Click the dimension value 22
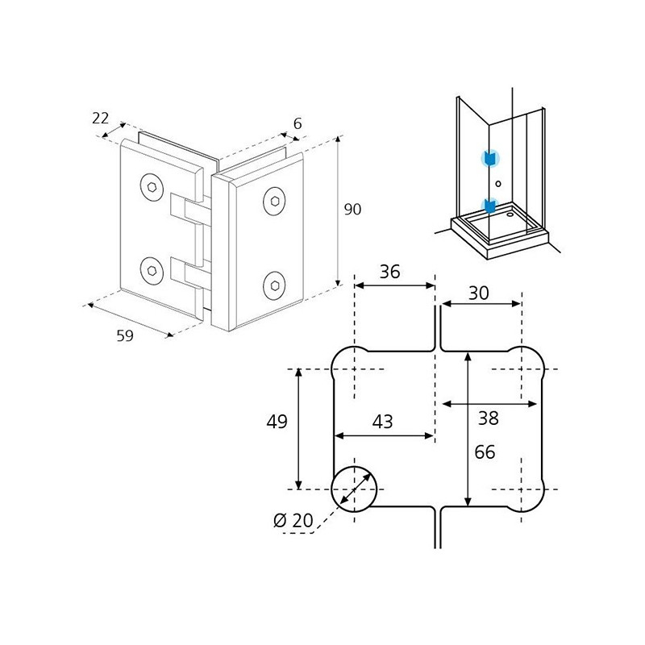tap(100, 119)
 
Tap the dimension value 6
tap(298, 123)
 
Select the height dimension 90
tap(352, 210)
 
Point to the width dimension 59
tap(125, 336)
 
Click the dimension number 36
tap(389, 272)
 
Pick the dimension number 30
tap(479, 293)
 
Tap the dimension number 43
tap(382, 422)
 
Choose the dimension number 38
tap(489, 418)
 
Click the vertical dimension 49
tap(277, 422)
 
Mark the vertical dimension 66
tap(485, 452)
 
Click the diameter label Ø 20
tap(293, 521)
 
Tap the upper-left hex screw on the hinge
tap(152, 188)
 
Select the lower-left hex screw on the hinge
tap(152, 270)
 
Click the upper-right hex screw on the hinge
tap(274, 201)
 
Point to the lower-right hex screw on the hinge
tap(274, 285)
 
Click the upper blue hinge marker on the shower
tap(490, 158)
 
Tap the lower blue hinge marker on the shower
tap(490, 206)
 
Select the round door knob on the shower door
tap(498, 184)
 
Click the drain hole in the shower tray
tap(510, 214)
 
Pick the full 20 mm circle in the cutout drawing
tap(354, 467)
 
